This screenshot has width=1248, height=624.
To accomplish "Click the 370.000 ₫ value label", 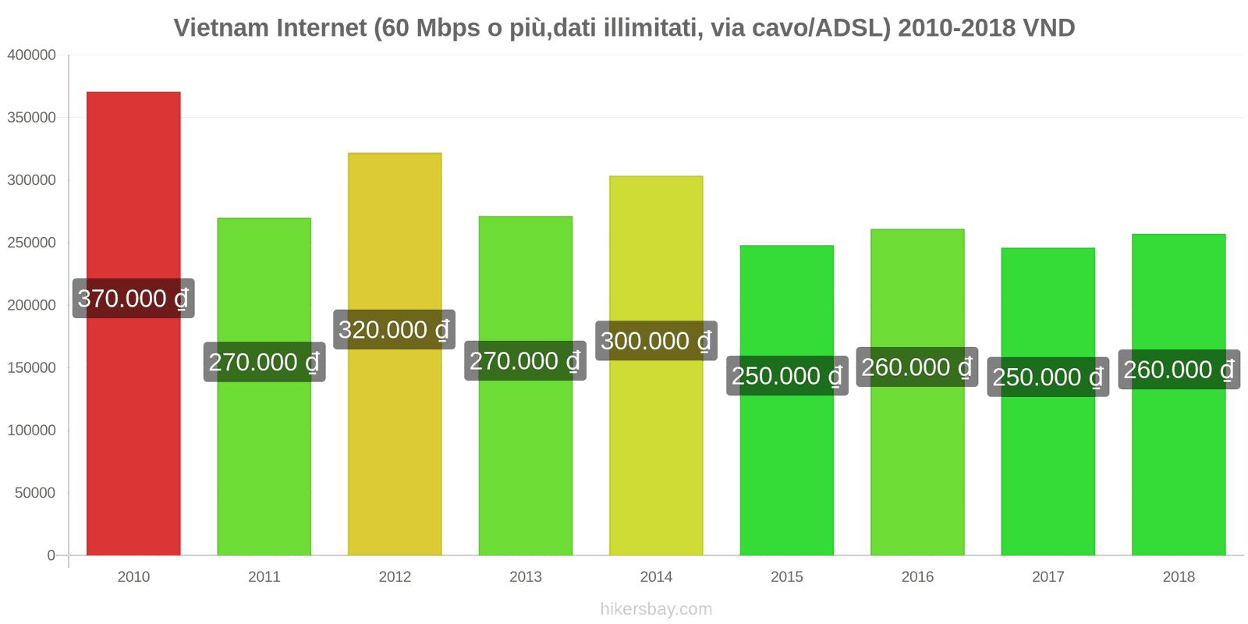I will point(133,298).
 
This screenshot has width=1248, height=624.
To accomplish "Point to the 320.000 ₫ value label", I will point(395,329).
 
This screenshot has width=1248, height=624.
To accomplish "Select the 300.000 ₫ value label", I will point(656,341).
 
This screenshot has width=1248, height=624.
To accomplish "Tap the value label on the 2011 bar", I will point(264,362).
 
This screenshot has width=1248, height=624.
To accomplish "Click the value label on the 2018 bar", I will point(1179,369).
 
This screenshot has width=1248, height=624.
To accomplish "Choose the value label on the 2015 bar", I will point(787,376).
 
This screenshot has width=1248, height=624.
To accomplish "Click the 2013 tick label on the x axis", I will point(526,577).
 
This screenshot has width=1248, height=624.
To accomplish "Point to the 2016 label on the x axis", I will point(917,577).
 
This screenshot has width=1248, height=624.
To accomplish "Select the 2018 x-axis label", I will point(1179,577).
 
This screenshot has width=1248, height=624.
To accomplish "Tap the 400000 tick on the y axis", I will point(31,55).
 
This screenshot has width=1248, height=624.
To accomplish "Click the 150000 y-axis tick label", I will point(31,367).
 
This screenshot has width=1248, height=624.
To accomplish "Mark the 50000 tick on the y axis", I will point(35,493).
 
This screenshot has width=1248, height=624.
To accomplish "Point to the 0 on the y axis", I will point(51,555).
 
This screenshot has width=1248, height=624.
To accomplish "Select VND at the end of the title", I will point(1048,28).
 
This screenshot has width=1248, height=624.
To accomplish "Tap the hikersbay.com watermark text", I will point(656,609).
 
